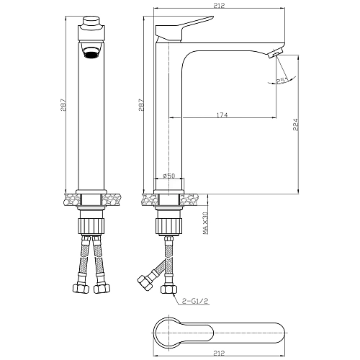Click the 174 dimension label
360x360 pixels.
222,115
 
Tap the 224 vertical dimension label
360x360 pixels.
296,125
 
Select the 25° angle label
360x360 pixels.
282,81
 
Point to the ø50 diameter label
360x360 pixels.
169,176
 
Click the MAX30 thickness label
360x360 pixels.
205,223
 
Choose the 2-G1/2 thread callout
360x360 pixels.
195,302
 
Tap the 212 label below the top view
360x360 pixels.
219,353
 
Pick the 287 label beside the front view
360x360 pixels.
63,105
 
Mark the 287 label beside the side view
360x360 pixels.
141,105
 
